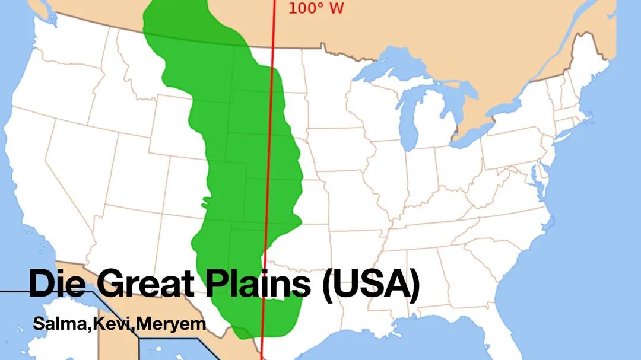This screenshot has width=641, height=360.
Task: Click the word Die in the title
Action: (x=56, y=283)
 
